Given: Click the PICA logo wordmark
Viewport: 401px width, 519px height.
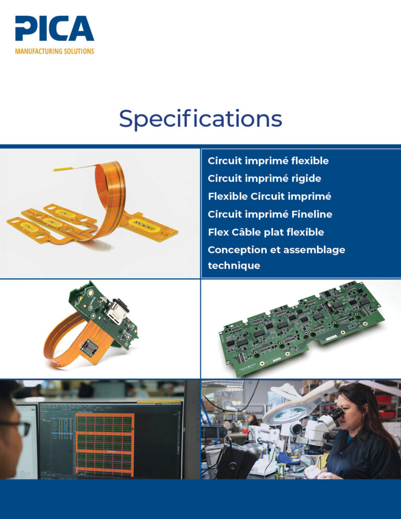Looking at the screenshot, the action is coord(55,29).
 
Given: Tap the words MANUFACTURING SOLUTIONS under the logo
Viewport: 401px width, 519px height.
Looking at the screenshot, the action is coord(55,51).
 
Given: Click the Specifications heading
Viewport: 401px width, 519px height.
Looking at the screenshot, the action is coord(200,119).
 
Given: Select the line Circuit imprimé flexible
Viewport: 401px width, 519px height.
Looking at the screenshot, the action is coord(268,161).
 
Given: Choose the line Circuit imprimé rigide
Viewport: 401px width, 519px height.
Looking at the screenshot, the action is coord(265,179).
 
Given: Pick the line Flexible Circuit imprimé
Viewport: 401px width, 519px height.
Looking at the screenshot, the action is coord(269,197).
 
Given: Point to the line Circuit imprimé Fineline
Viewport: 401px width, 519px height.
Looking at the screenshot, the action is coord(270,215).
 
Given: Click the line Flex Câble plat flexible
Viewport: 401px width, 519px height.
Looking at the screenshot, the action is coord(266,232).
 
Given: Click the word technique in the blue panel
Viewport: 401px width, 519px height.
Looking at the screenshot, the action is coord(234,266).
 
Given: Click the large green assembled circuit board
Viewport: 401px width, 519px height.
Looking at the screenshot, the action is coord(301,328).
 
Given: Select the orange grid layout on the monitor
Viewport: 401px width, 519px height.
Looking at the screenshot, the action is coord(104,444).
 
